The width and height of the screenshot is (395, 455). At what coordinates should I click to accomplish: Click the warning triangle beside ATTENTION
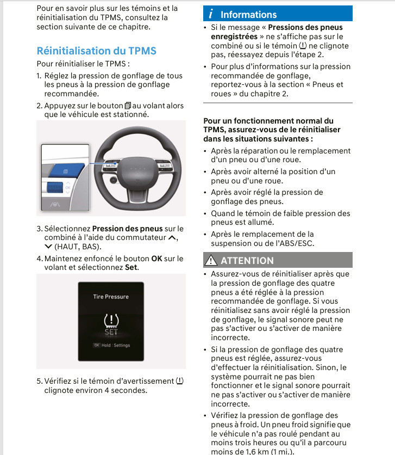point(211,260)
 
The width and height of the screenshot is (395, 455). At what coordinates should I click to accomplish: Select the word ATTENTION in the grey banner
point(247,261)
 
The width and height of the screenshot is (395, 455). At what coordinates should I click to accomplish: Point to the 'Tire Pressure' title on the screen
point(111,297)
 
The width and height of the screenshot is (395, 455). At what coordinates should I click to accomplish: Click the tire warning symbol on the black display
point(111,321)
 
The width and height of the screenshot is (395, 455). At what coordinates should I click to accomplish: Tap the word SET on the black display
point(111,332)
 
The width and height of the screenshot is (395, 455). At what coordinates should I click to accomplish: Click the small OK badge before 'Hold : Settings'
point(97,345)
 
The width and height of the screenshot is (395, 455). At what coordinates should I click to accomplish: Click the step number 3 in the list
point(39,229)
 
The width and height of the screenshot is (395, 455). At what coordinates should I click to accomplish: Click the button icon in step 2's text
point(128,106)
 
